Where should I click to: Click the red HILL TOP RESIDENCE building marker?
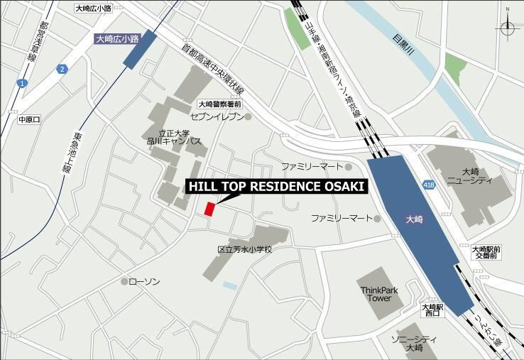click(x=209, y=209)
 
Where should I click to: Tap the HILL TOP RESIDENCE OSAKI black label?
click(x=276, y=187)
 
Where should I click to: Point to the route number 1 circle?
click(x=22, y=84)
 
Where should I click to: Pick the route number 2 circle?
click(x=62, y=69)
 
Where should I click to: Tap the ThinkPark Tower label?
click(x=379, y=294)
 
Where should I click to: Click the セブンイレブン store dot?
click(x=248, y=116)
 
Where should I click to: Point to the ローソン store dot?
click(x=124, y=282)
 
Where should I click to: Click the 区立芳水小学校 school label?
click(x=244, y=249)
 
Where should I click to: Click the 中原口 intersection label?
click(x=31, y=119)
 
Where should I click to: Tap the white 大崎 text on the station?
click(x=414, y=220)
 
